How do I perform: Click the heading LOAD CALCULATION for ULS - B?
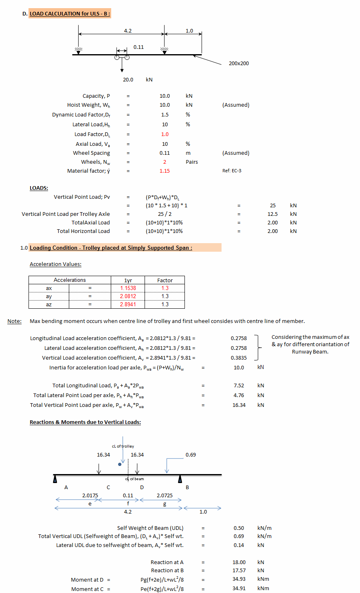(70, 14)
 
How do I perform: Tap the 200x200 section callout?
(239, 64)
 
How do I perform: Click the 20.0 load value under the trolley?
(128, 80)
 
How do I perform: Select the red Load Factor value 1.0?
(165, 134)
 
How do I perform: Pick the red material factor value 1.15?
(165, 171)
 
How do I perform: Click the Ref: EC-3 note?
(232, 171)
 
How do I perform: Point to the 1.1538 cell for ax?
(128, 288)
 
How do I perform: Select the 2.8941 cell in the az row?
(128, 305)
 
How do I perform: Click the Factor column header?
(165, 280)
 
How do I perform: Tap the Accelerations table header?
(70, 280)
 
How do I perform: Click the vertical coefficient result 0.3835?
(239, 358)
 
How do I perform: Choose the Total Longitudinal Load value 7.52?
(239, 386)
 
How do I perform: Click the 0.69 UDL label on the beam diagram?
(191, 455)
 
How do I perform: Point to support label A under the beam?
(66, 488)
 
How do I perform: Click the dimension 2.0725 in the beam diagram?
(165, 496)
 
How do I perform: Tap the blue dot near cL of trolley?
(119, 464)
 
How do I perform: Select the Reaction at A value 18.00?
(239, 562)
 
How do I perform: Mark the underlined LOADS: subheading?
(39, 188)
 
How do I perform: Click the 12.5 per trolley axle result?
(272, 214)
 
